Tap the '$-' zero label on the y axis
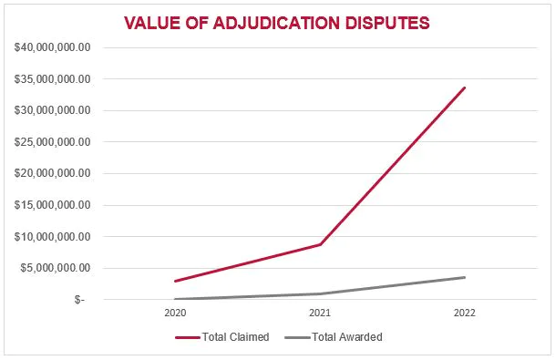tap(79, 300)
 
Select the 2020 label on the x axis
tap(175, 313)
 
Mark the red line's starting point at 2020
tap(175, 281)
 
